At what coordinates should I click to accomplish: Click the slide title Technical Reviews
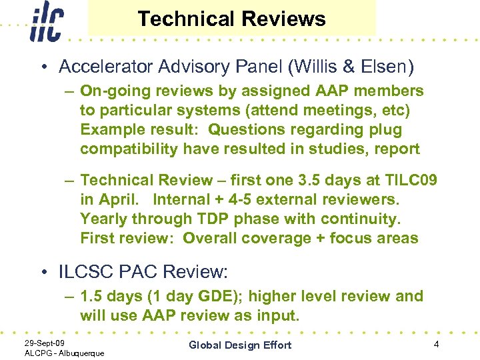231,19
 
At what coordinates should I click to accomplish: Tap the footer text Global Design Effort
240,345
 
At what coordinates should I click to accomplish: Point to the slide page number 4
435,344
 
